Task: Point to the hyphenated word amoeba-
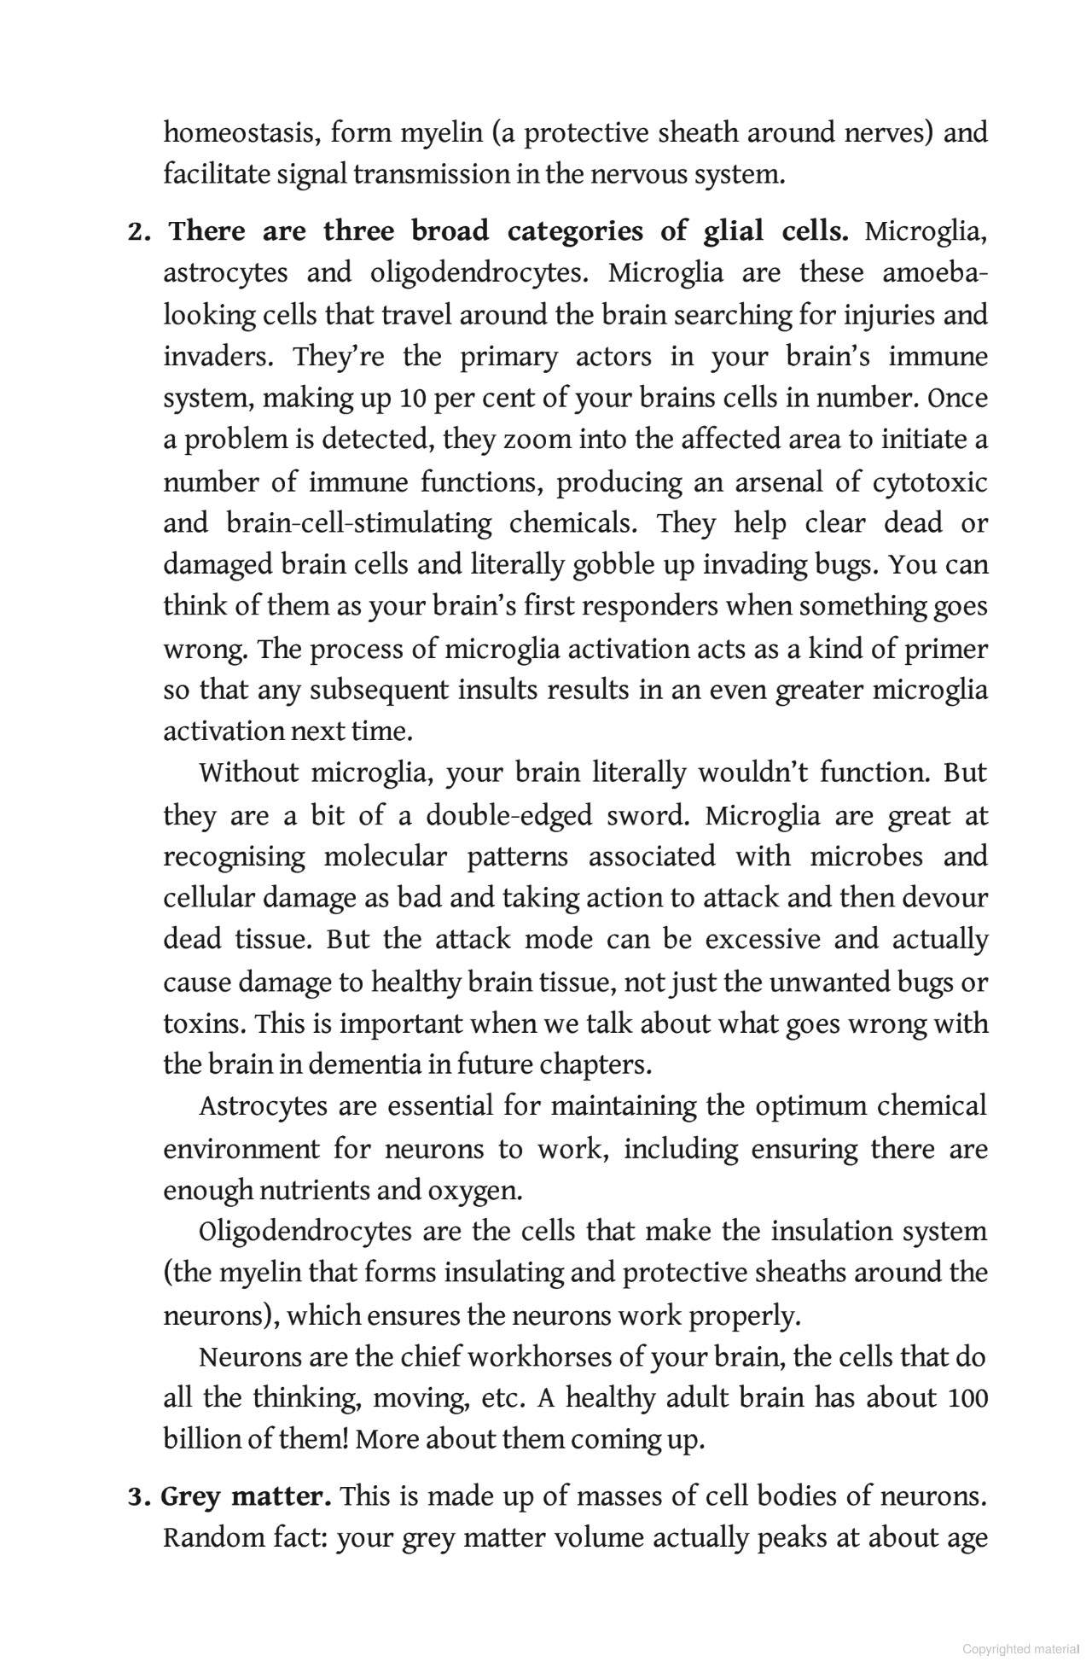point(935,273)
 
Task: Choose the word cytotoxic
point(930,482)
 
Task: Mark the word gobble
point(615,565)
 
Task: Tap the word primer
point(945,649)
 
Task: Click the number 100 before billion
point(967,1398)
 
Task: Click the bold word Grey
point(191,1497)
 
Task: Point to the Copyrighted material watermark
point(1020,1649)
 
